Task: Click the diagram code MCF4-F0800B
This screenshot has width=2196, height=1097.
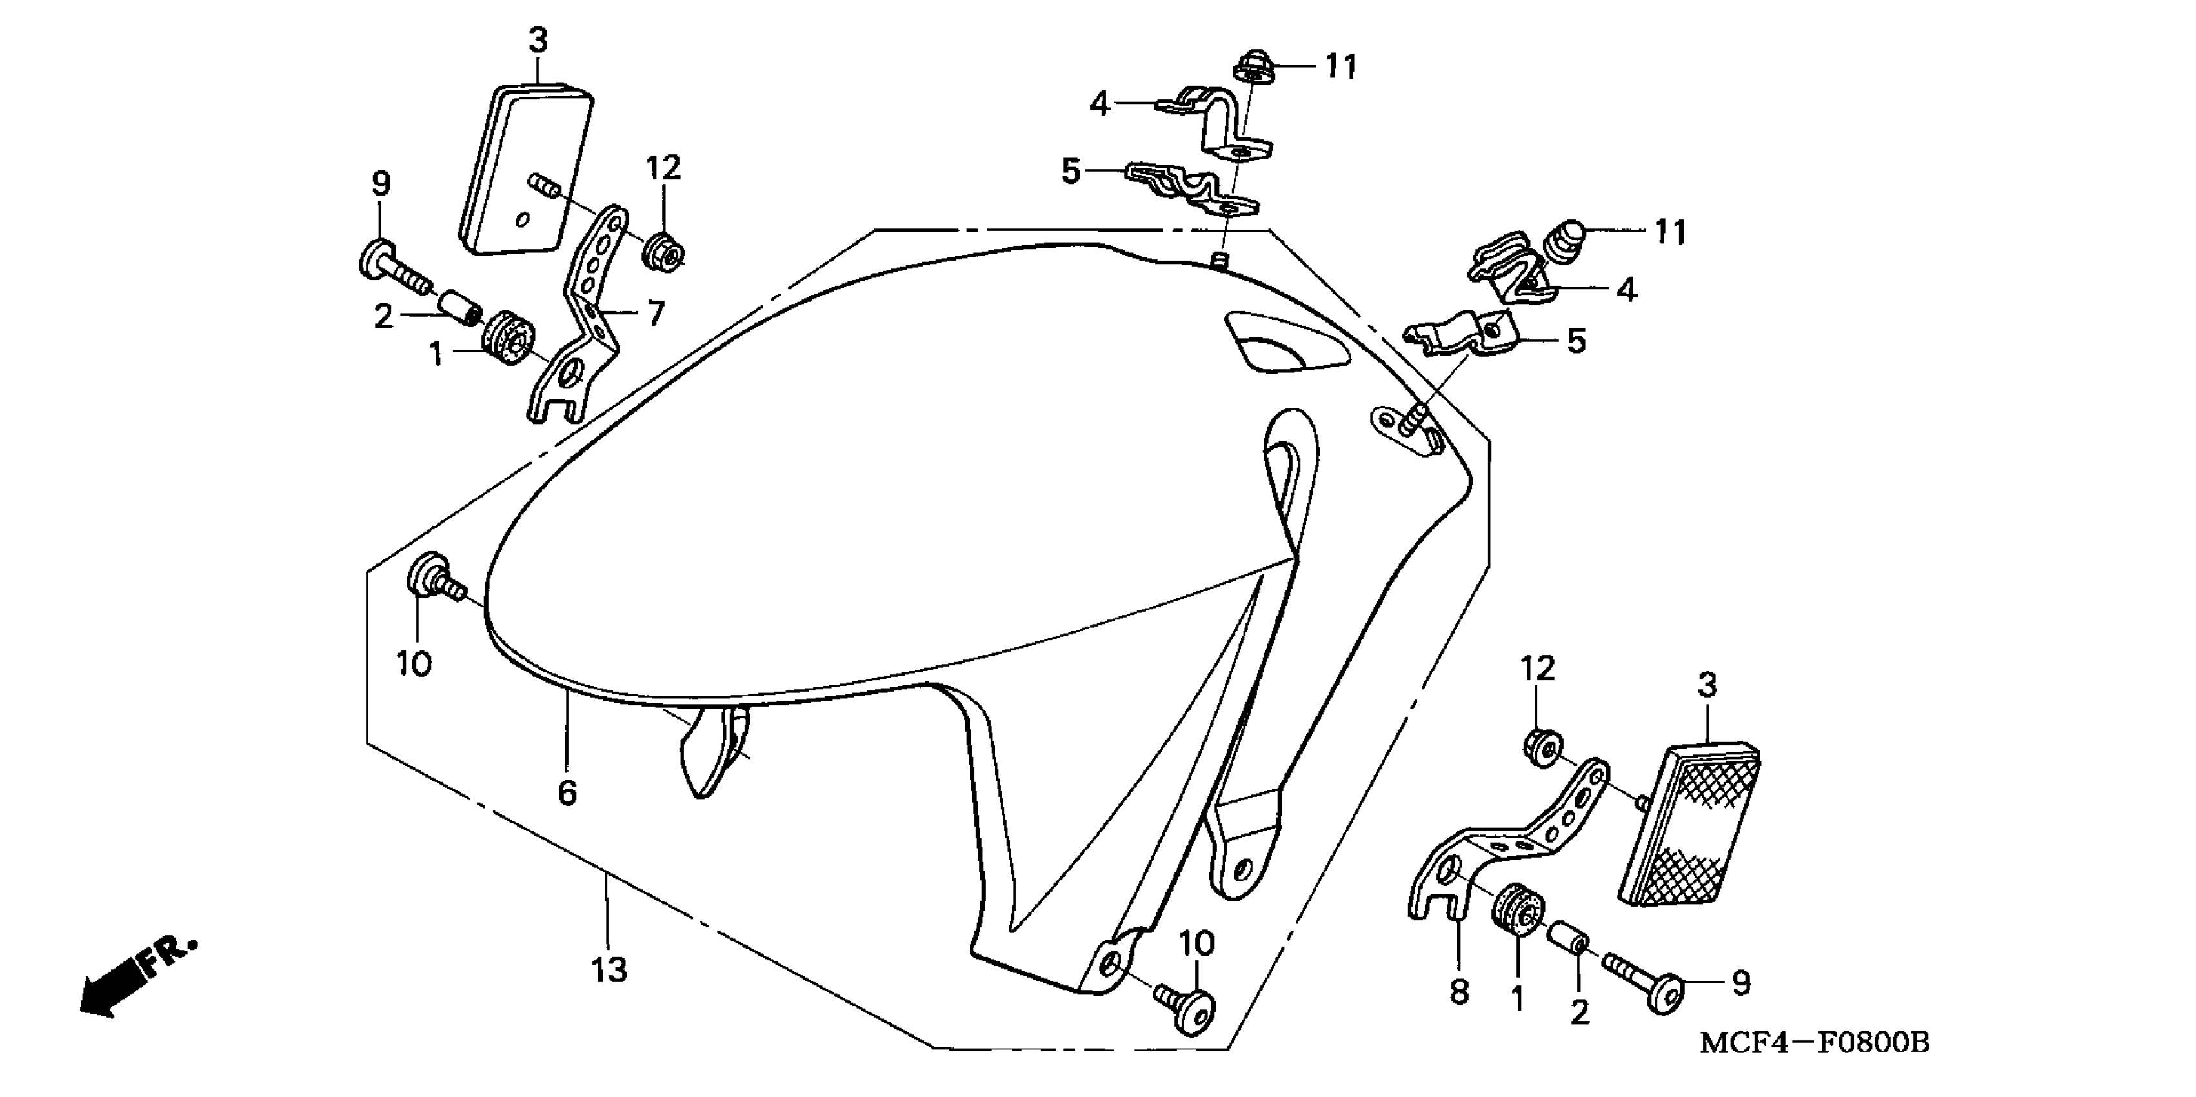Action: tap(1814, 1042)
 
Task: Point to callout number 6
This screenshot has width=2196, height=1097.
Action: tap(567, 792)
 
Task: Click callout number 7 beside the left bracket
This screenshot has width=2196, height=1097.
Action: tap(655, 314)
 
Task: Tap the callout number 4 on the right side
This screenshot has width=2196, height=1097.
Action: tap(1627, 290)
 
